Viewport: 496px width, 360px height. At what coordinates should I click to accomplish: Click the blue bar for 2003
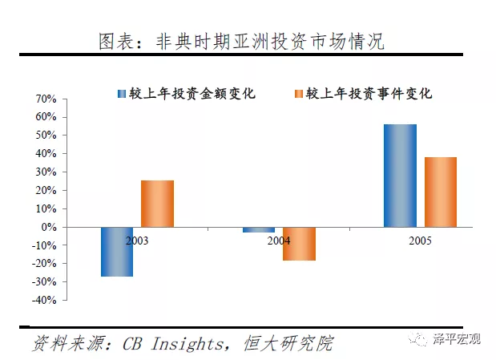[117, 252]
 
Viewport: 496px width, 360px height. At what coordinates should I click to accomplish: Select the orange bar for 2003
[157, 204]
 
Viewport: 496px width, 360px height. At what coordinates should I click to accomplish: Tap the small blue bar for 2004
[259, 229]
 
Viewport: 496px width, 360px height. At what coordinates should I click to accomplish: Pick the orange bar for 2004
[299, 244]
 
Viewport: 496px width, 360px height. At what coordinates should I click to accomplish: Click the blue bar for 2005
[400, 176]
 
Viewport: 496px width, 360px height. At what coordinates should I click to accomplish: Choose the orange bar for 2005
[440, 192]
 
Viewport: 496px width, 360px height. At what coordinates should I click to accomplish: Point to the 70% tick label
[45, 99]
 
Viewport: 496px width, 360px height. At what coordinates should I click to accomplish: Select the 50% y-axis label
[45, 136]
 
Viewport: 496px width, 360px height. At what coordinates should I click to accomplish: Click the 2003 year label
[137, 240]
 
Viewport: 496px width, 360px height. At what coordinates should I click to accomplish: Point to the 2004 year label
[279, 240]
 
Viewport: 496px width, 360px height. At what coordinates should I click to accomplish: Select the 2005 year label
[420, 240]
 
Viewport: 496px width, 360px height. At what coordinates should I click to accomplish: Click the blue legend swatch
[121, 94]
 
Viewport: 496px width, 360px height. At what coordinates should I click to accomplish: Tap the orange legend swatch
[298, 94]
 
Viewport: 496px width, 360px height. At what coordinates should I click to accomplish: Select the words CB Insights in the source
[172, 343]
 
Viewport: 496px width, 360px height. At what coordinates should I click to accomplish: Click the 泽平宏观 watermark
[457, 339]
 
